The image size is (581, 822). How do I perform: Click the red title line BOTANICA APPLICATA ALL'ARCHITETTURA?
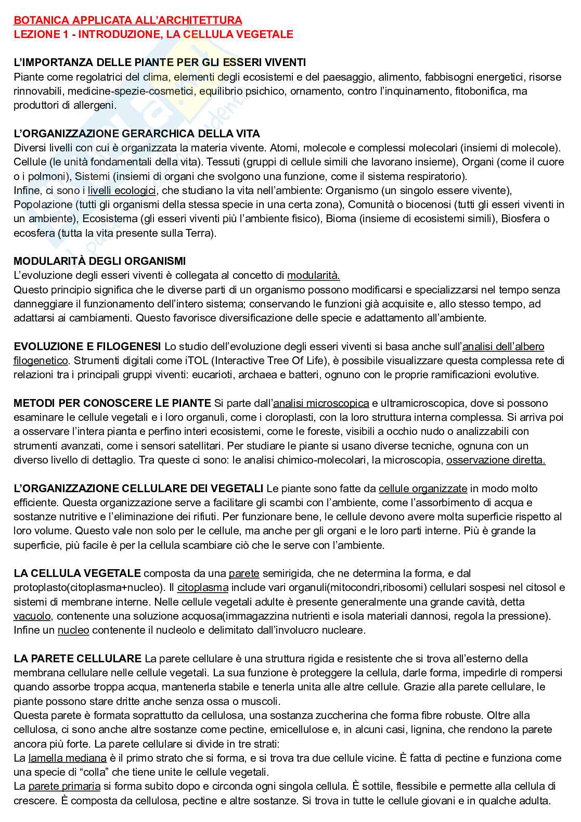tap(127, 20)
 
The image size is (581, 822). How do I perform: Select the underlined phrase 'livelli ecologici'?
tap(122, 190)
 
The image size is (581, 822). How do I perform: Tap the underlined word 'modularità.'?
tap(313, 275)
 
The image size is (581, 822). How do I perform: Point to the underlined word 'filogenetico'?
tap(41, 361)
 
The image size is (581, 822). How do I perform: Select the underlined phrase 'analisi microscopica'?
tap(321, 403)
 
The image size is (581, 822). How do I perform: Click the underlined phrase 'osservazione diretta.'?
tap(496, 460)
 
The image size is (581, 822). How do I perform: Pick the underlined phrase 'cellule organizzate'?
tap(422, 489)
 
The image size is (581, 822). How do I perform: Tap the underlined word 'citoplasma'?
tap(202, 588)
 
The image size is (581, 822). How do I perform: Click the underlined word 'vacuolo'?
tap(32, 616)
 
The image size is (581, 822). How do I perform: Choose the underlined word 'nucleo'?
tap(73, 631)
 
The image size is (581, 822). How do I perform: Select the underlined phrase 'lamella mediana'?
tap(68, 758)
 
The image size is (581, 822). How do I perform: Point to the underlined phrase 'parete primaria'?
tap(64, 786)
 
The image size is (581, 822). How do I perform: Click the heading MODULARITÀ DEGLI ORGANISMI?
tap(99, 261)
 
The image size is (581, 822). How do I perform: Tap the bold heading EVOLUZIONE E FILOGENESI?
tap(87, 346)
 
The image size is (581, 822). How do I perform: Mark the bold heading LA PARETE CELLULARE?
tap(78, 659)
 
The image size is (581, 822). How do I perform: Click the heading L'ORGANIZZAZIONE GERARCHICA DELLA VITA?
tap(137, 134)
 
